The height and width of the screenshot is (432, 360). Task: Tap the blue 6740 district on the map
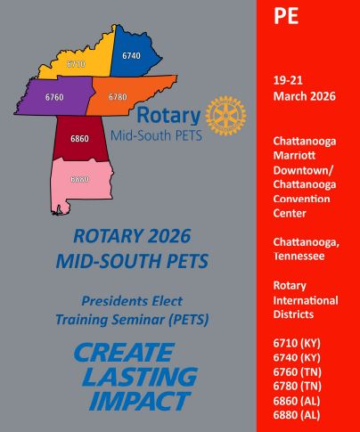point(134,53)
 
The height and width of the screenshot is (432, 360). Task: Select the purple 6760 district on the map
point(55,95)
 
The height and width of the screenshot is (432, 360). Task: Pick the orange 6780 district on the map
point(125,95)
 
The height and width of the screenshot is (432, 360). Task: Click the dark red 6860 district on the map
point(79,138)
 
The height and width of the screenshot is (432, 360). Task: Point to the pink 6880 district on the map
point(80,181)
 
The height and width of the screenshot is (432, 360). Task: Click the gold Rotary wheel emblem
point(225,115)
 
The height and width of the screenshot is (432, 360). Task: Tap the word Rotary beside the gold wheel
point(168,115)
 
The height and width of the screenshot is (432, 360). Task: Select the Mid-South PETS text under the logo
point(156,135)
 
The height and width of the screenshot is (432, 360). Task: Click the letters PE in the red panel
point(286,16)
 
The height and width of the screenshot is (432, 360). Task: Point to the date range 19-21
point(288,80)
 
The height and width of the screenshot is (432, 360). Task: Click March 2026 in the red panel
point(305,96)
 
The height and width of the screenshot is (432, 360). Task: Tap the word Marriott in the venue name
point(294,155)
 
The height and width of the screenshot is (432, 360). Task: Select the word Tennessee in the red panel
point(299,256)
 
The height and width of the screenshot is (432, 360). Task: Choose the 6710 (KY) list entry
point(297,343)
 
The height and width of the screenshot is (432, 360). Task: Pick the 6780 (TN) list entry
point(298,386)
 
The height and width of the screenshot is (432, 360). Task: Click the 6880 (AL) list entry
point(297,415)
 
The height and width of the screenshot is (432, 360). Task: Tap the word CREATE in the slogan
point(124,353)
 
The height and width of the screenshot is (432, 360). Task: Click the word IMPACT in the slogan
point(140,401)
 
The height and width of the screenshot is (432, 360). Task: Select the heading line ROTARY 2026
point(132,236)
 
